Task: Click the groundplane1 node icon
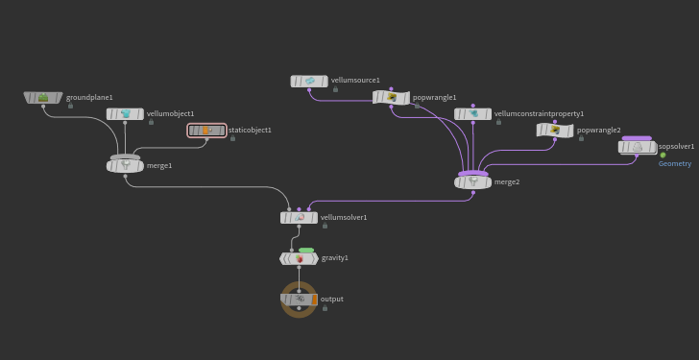coord(43,97)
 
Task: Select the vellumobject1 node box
coord(125,114)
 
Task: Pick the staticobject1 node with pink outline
coord(206,131)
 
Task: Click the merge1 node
coord(125,166)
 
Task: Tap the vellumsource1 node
coord(309,81)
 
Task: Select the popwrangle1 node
coord(391,98)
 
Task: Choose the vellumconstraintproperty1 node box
coord(473,114)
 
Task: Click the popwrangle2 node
coord(555,131)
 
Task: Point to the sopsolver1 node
coord(637,147)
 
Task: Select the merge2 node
coord(473,182)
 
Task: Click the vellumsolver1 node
coord(300,218)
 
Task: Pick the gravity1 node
coord(300,258)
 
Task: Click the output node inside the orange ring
coord(299,300)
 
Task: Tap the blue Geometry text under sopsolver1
coord(675,164)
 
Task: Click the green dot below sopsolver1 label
coord(663,156)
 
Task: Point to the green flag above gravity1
coord(306,251)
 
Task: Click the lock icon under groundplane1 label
coord(70,106)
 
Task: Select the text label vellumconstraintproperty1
coord(539,114)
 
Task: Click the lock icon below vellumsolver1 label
coord(325,226)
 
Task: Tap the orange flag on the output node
coord(314,300)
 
